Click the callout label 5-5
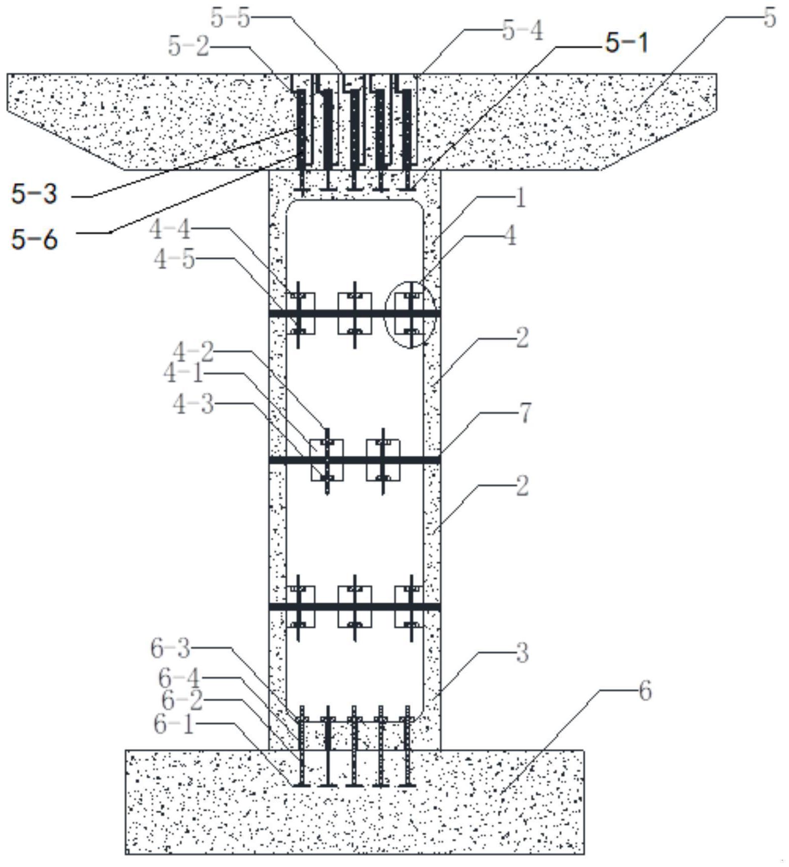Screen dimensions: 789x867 [230, 19]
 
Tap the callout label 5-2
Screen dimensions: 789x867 [188, 47]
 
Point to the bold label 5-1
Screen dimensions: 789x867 [626, 43]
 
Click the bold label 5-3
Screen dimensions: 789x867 [34, 194]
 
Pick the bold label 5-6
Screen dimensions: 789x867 [34, 239]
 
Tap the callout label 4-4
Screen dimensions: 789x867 [170, 230]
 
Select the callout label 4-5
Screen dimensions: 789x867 [174, 260]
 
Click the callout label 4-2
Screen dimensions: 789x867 [193, 352]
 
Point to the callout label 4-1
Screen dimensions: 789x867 [183, 374]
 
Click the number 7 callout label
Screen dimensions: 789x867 [524, 413]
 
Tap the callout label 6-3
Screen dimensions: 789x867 [171, 648]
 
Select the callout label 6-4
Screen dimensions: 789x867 [179, 678]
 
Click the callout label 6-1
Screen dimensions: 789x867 [174, 725]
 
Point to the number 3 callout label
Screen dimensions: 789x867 [522, 653]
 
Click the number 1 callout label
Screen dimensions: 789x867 [521, 198]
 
